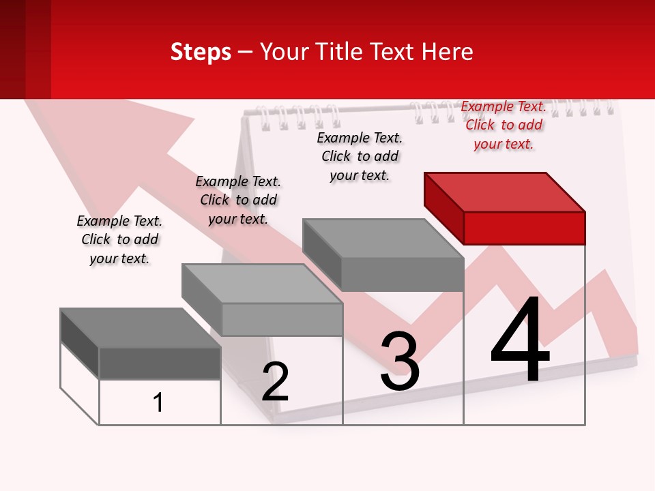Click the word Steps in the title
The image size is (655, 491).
coord(201,52)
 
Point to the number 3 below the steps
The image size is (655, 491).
coord(400,361)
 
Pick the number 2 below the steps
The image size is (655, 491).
coord(275,382)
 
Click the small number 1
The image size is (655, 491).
coord(158,402)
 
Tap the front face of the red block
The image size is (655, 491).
coord(524,228)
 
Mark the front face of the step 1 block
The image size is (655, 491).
coord(160,363)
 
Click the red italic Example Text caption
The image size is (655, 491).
coord(504,106)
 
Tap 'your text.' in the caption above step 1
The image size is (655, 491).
coord(119,258)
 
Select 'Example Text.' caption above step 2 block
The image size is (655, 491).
coord(238,181)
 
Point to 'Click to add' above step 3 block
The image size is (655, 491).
coord(360,156)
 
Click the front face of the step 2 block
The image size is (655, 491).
coord(282,319)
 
